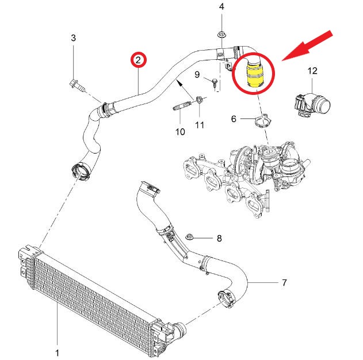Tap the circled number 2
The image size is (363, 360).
(x=139, y=60)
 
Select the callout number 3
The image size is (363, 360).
(x=73, y=39)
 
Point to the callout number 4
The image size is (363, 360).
(x=222, y=7)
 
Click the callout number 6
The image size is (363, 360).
(x=234, y=119)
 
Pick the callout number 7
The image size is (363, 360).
(x=284, y=283)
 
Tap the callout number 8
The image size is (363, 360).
(x=219, y=238)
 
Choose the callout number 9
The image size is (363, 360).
(x=197, y=75)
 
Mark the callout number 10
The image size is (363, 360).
(x=180, y=132)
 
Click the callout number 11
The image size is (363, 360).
(x=199, y=125)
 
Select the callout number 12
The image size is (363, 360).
(x=312, y=71)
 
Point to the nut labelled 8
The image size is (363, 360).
(x=192, y=237)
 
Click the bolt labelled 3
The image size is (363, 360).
(x=76, y=86)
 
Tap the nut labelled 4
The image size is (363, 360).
(x=222, y=33)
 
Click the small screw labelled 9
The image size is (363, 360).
(x=215, y=83)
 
